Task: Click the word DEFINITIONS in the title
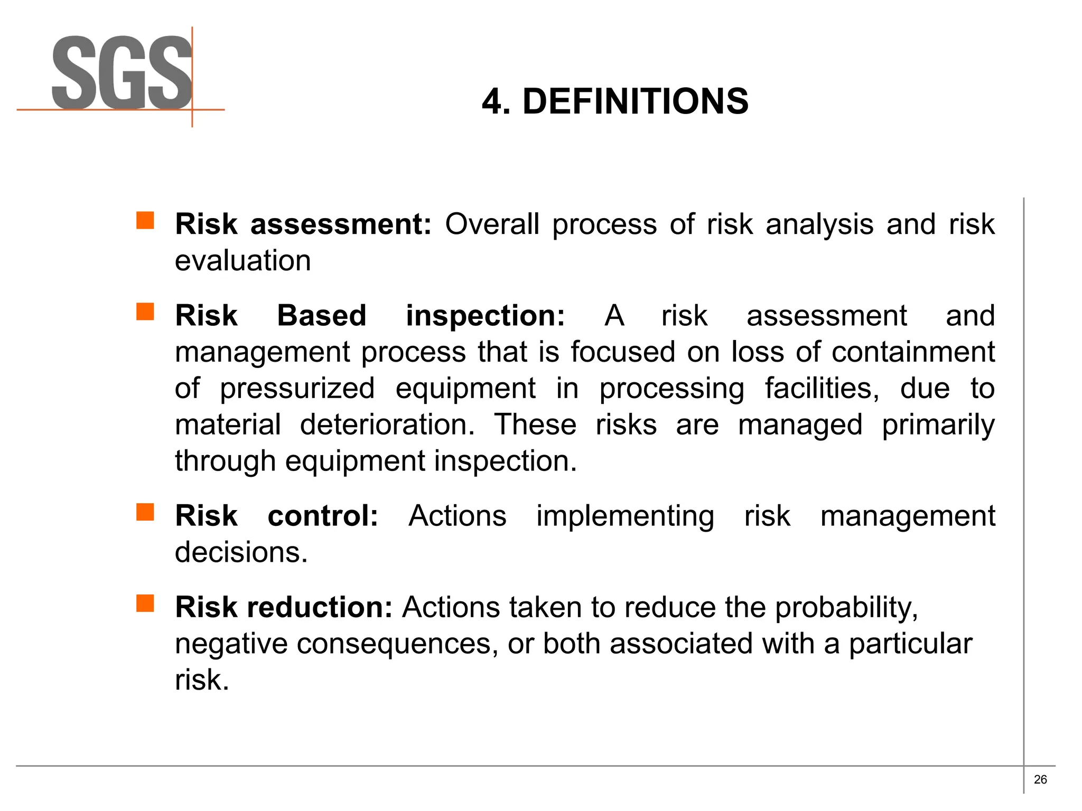pyautogui.click(x=635, y=101)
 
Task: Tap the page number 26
pyautogui.click(x=1040, y=779)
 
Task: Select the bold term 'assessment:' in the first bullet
pyautogui.click(x=341, y=224)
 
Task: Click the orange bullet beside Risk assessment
pyautogui.click(x=145, y=220)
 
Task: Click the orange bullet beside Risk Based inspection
pyautogui.click(x=145, y=312)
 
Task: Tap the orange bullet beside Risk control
pyautogui.click(x=145, y=512)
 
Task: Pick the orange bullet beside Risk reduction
pyautogui.click(x=145, y=603)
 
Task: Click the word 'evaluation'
pyautogui.click(x=242, y=261)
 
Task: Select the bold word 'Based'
pyautogui.click(x=321, y=316)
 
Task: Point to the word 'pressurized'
pyautogui.click(x=297, y=389)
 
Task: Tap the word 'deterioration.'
pyautogui.click(x=387, y=425)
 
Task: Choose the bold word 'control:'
pyautogui.click(x=323, y=516)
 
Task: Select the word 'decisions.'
pyautogui.click(x=241, y=552)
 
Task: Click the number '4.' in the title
pyautogui.click(x=496, y=101)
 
